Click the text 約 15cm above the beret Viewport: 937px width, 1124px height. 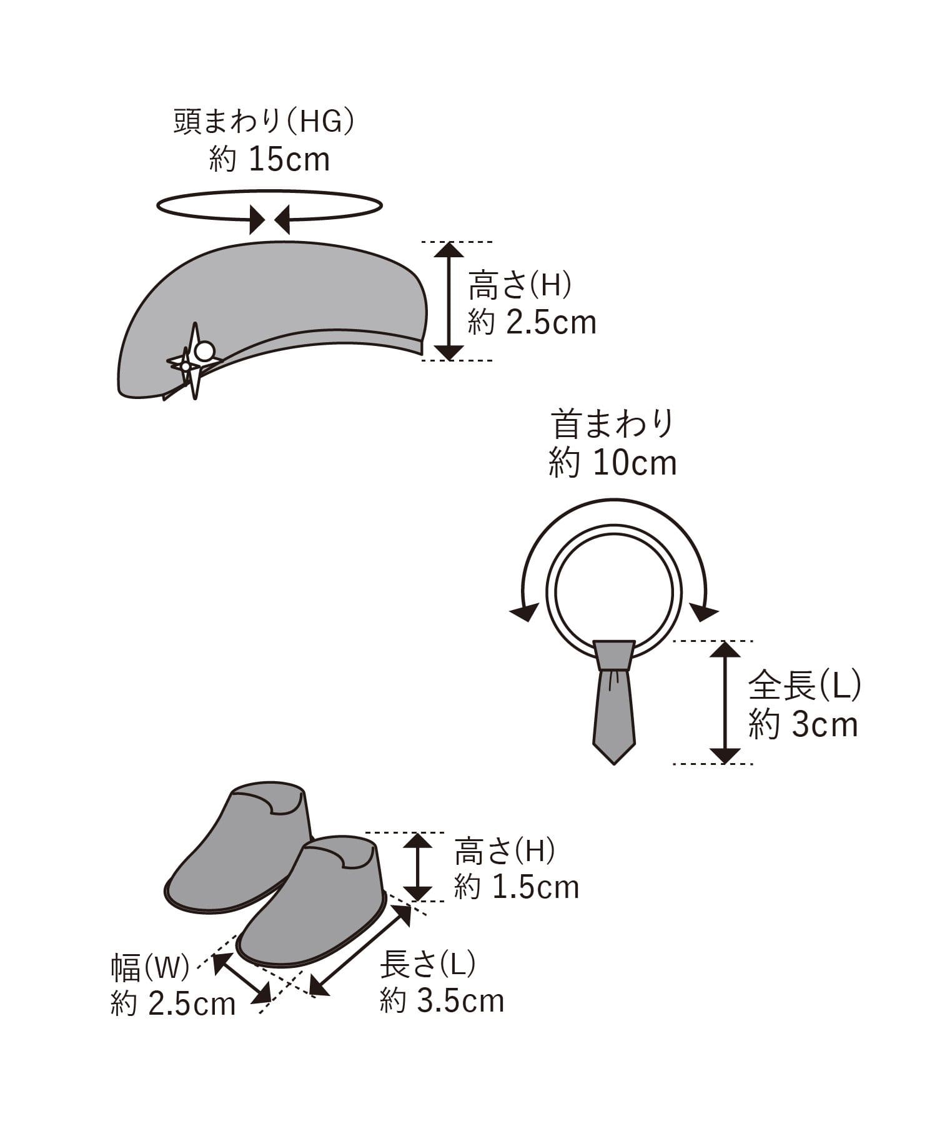(269, 160)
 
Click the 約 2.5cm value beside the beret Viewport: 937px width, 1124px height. (532, 323)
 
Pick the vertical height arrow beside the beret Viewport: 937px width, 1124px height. (449, 301)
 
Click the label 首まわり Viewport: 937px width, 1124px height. (612, 425)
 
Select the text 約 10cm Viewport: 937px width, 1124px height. (613, 463)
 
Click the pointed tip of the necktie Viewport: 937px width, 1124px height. (613, 763)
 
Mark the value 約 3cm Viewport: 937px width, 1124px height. (803, 725)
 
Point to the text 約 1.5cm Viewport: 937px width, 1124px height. (517, 887)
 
